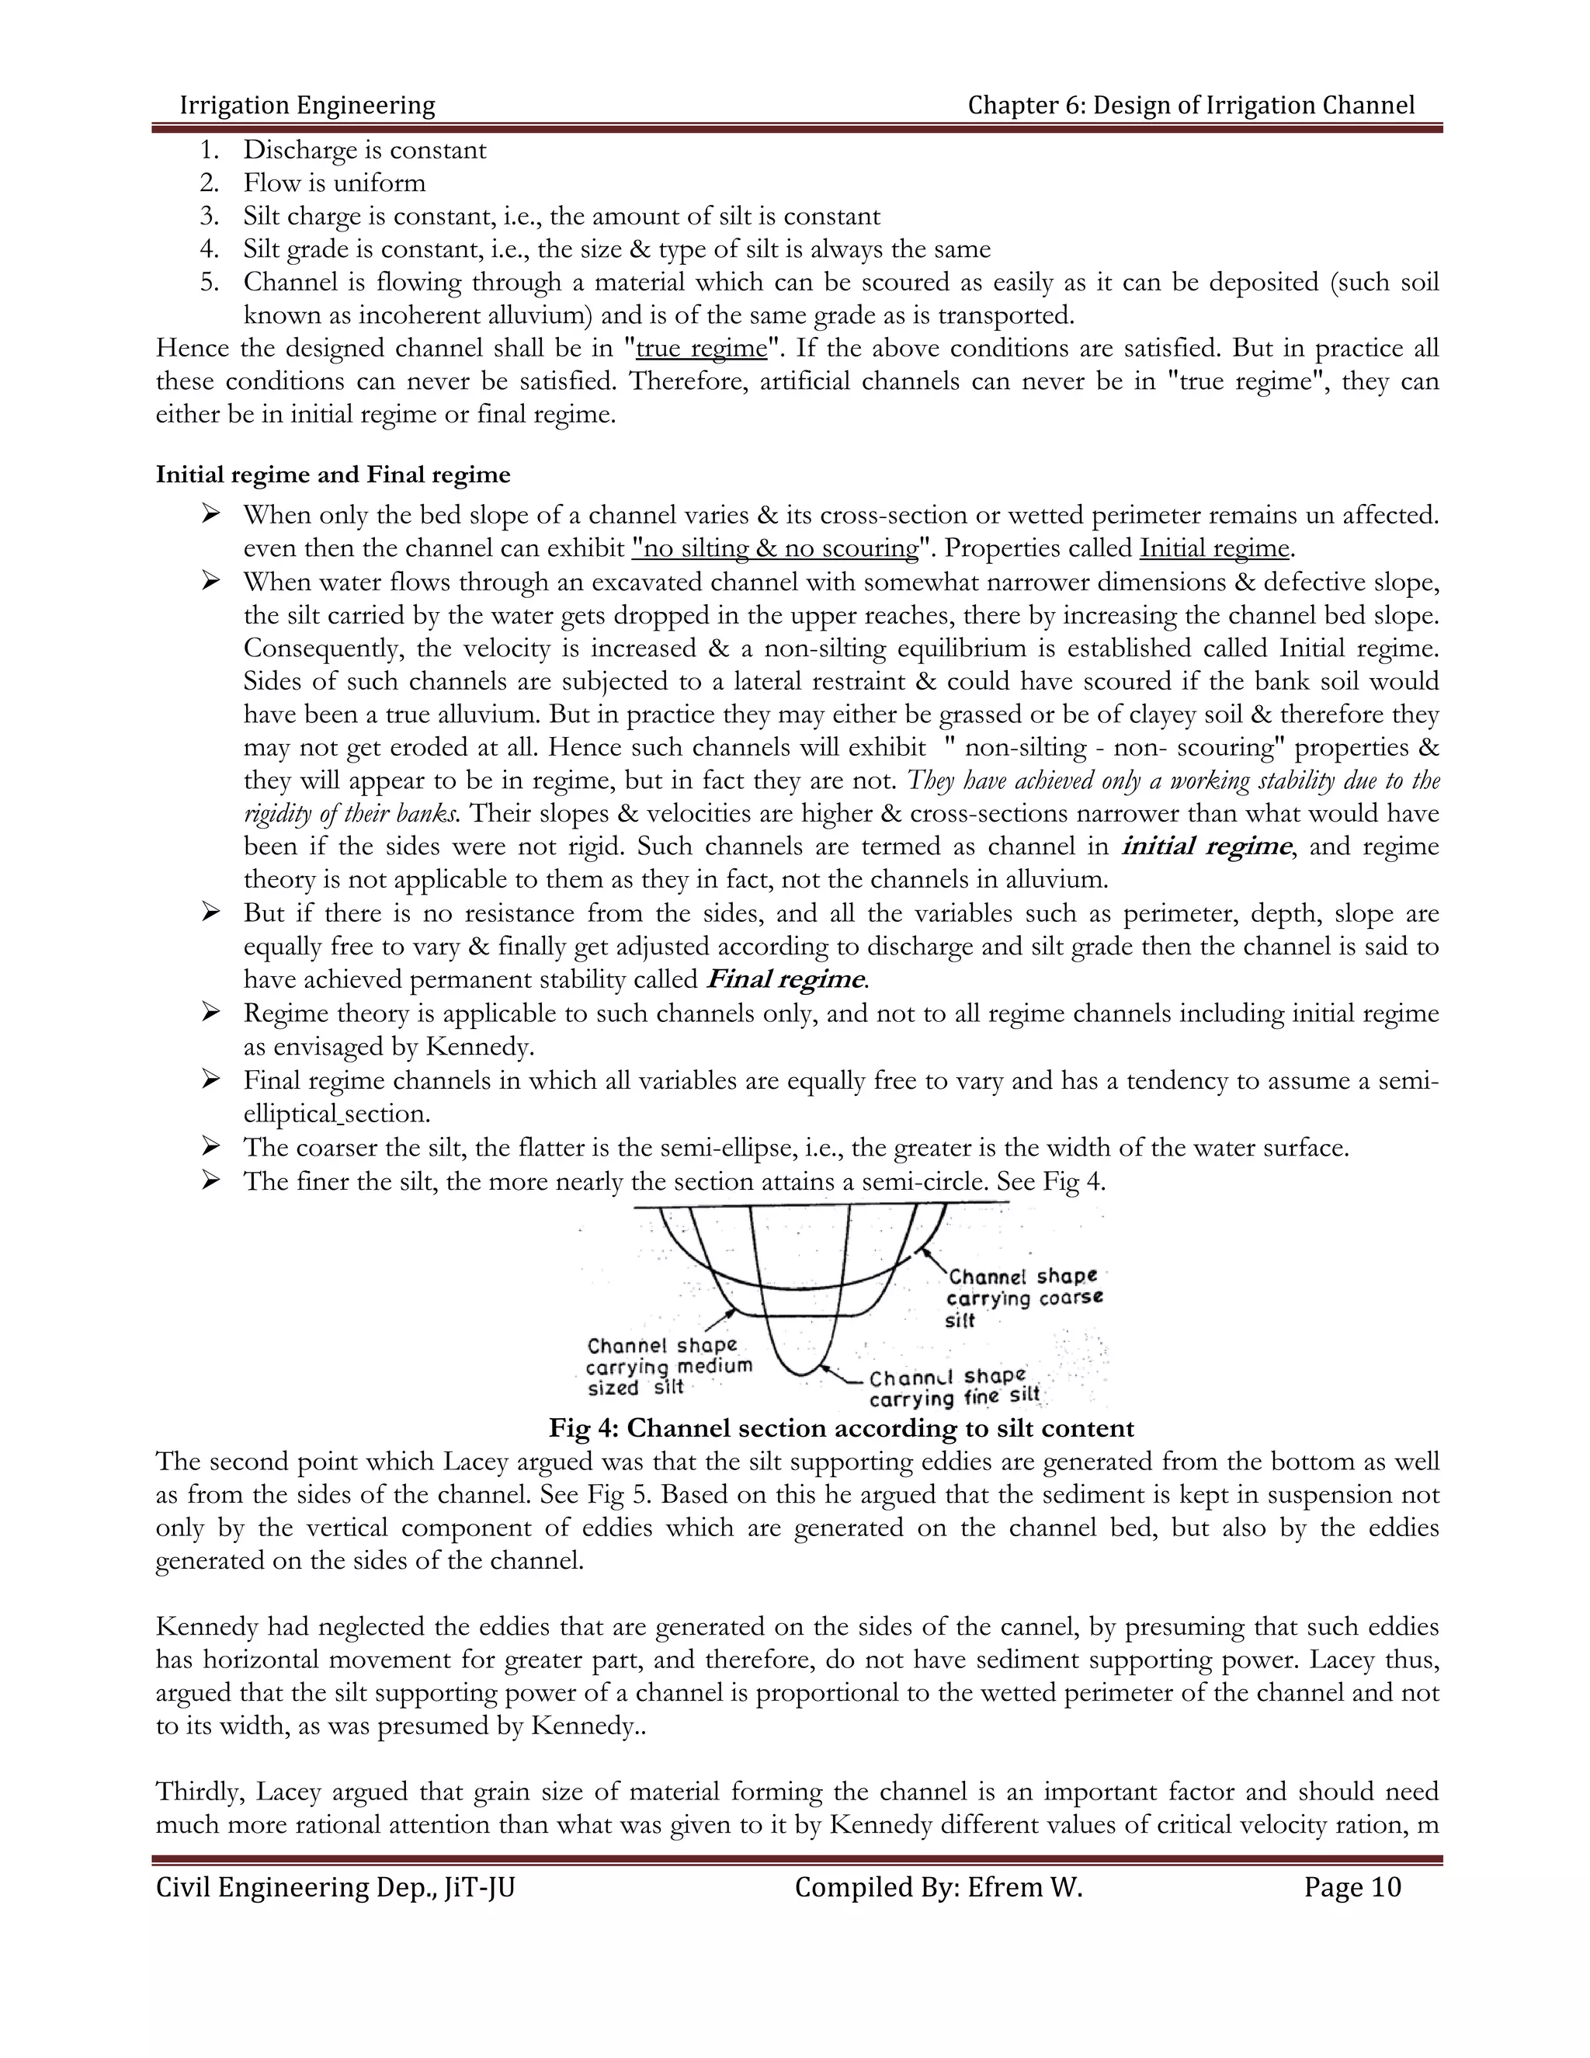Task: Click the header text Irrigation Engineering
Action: click(307, 105)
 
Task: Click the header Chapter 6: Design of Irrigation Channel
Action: click(1191, 105)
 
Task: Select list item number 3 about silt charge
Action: click(561, 216)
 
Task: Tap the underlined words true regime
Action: click(702, 349)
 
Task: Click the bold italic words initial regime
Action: click(1205, 846)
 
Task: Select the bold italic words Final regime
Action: click(785, 979)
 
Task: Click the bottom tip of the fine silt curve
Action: click(800, 1374)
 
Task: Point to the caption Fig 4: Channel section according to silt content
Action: click(841, 1428)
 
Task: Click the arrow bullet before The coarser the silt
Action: click(210, 1147)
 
